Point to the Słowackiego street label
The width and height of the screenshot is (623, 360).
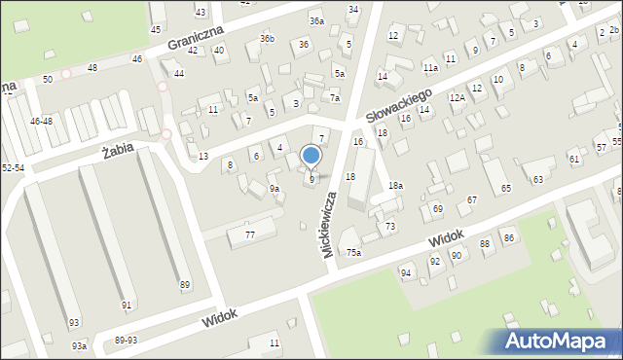click(x=399, y=104)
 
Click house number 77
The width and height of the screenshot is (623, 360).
click(x=250, y=235)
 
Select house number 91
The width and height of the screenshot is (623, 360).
click(x=127, y=306)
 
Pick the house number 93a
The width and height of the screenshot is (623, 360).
click(x=79, y=345)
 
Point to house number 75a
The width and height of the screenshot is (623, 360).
click(x=353, y=253)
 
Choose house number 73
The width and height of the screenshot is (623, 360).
click(x=390, y=226)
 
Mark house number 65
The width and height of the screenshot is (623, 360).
click(x=506, y=188)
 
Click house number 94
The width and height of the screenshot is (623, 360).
click(x=406, y=273)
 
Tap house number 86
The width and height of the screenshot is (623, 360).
click(x=508, y=238)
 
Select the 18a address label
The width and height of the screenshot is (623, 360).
click(x=395, y=185)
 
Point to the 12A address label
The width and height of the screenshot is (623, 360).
click(x=457, y=98)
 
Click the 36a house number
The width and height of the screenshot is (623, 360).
click(x=316, y=20)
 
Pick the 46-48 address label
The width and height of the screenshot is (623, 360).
click(x=41, y=122)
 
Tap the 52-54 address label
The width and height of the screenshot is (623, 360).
click(x=13, y=167)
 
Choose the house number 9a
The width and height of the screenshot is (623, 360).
click(x=275, y=189)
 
